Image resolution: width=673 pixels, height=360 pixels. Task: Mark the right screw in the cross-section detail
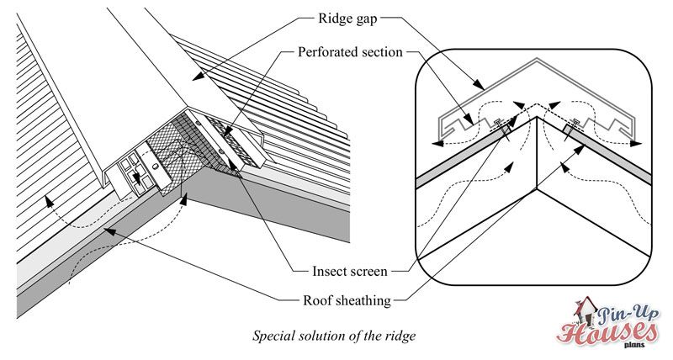click(575, 124)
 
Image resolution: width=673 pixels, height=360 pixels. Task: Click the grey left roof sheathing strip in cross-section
click(471, 156)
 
